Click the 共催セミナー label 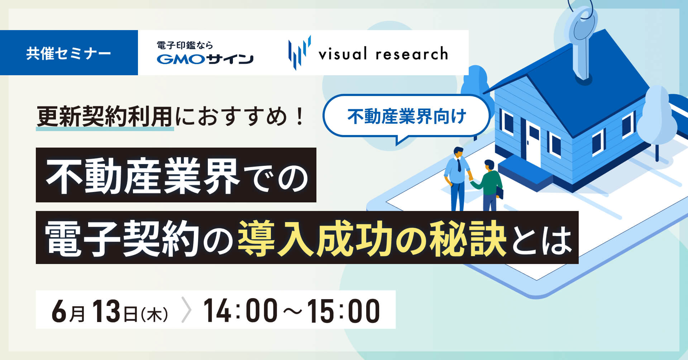68,53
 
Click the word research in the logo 412,54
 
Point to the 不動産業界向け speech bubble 406,117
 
